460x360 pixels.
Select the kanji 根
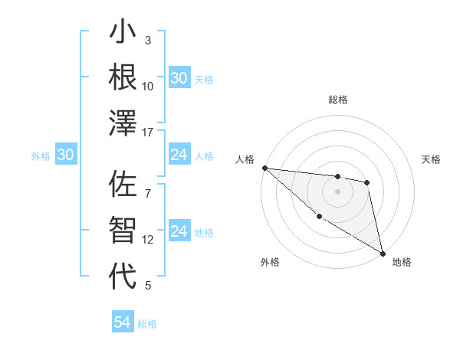[123, 78]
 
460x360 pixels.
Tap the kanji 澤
[123, 123]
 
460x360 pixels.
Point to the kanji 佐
[123, 185]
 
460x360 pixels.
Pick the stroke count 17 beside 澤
[148, 133]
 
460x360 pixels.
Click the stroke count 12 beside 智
[148, 239]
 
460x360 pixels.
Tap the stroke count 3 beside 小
[148, 40]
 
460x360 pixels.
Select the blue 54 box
[123, 322]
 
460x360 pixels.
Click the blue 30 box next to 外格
[66, 155]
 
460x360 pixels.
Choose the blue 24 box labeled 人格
[179, 155]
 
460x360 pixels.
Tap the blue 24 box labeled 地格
[179, 232]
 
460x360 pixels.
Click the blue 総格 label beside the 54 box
[147, 324]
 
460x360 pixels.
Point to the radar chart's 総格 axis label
[337, 100]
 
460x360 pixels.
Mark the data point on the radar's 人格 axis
[264, 168]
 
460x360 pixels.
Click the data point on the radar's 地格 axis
[382, 253]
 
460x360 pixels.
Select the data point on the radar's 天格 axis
[367, 182]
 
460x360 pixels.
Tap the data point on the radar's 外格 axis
[319, 217]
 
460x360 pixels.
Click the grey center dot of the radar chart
[337, 191]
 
